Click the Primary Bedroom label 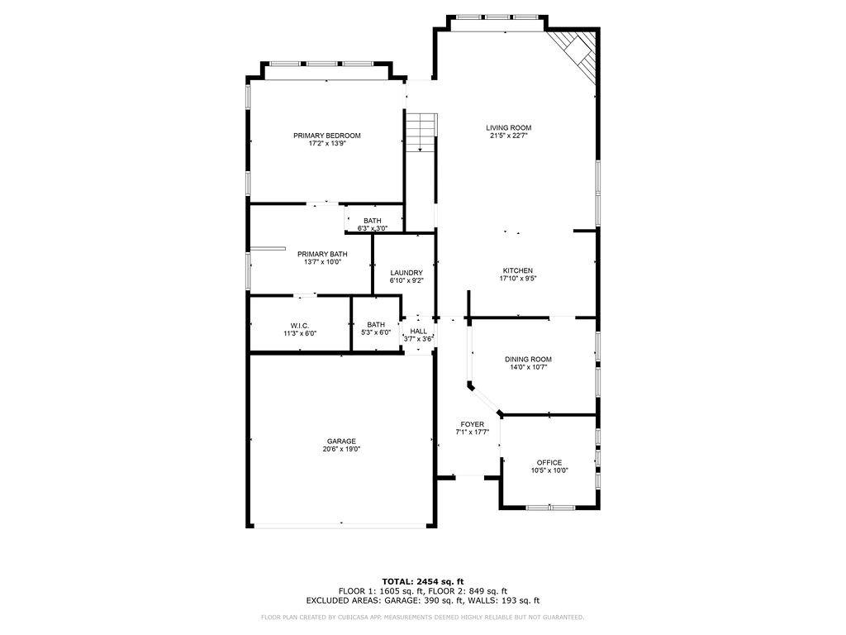327,136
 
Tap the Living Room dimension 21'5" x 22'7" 508,136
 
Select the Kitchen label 518,270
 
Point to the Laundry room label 406,273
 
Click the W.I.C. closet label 300,326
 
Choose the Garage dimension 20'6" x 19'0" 341,449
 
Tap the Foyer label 472,424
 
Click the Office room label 549,463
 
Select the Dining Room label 528,360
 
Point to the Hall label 419,331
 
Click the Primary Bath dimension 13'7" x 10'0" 323,262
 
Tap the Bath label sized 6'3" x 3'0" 373,221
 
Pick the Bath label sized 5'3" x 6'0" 376,324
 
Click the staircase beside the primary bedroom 421,133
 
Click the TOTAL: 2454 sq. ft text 423,581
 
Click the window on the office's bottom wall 550,508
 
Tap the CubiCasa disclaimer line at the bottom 422,617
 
